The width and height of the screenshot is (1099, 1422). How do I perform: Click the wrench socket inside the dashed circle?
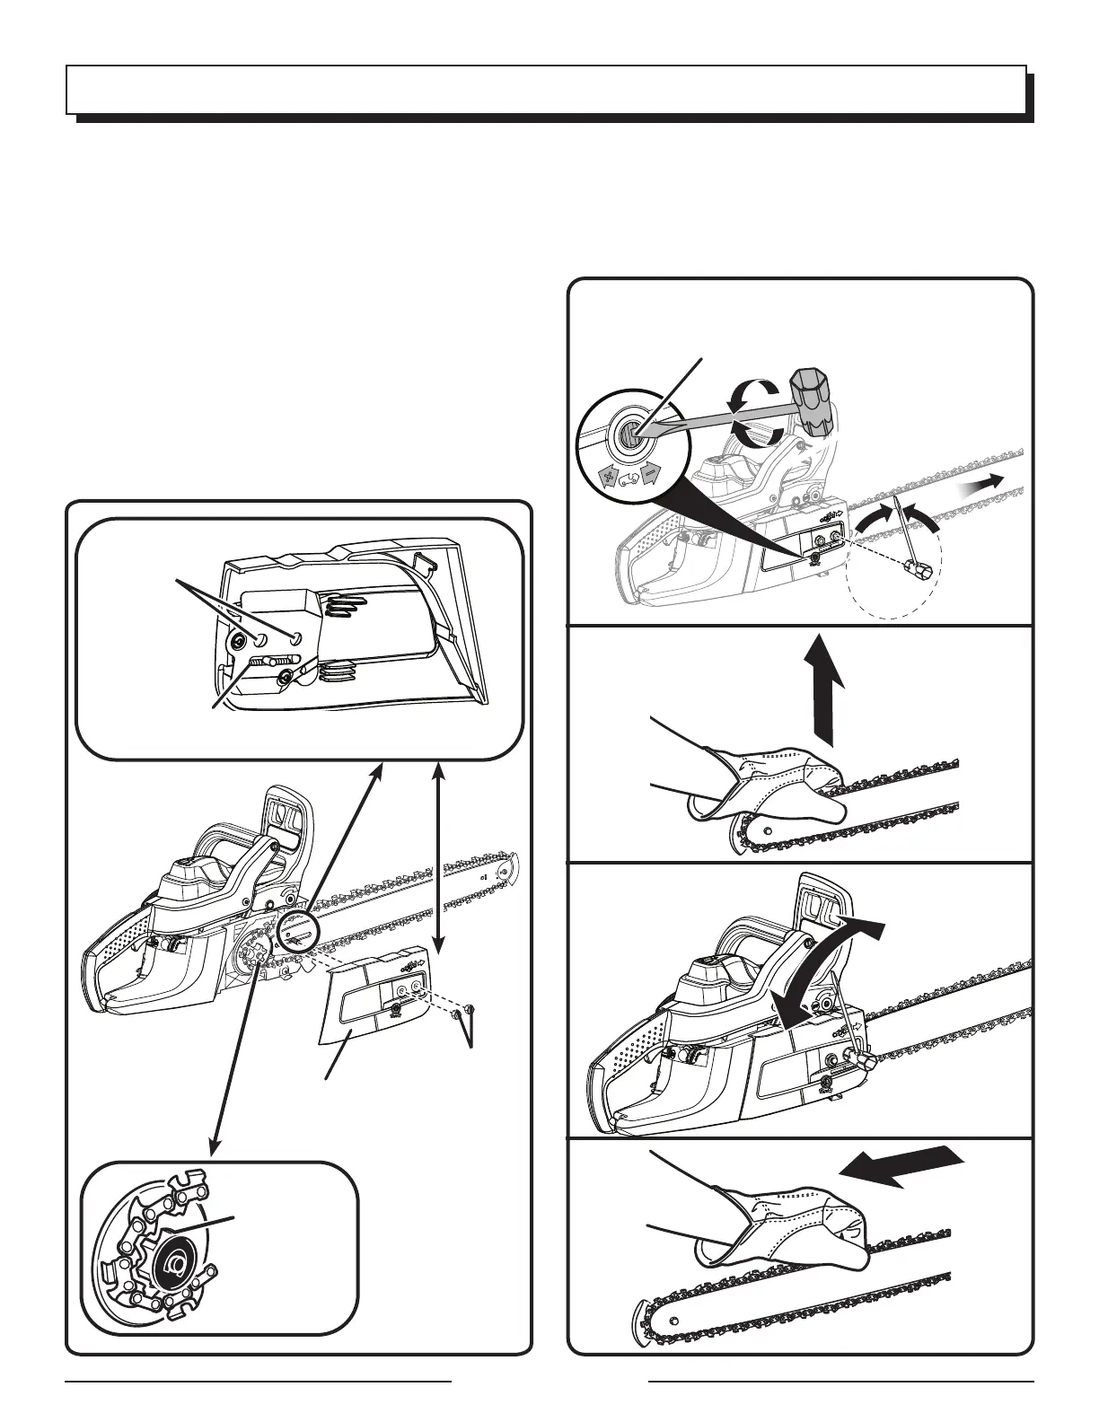[x=922, y=567]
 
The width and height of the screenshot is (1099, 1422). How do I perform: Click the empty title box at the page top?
[x=546, y=89]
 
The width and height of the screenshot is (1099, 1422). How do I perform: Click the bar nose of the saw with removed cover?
[x=509, y=865]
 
